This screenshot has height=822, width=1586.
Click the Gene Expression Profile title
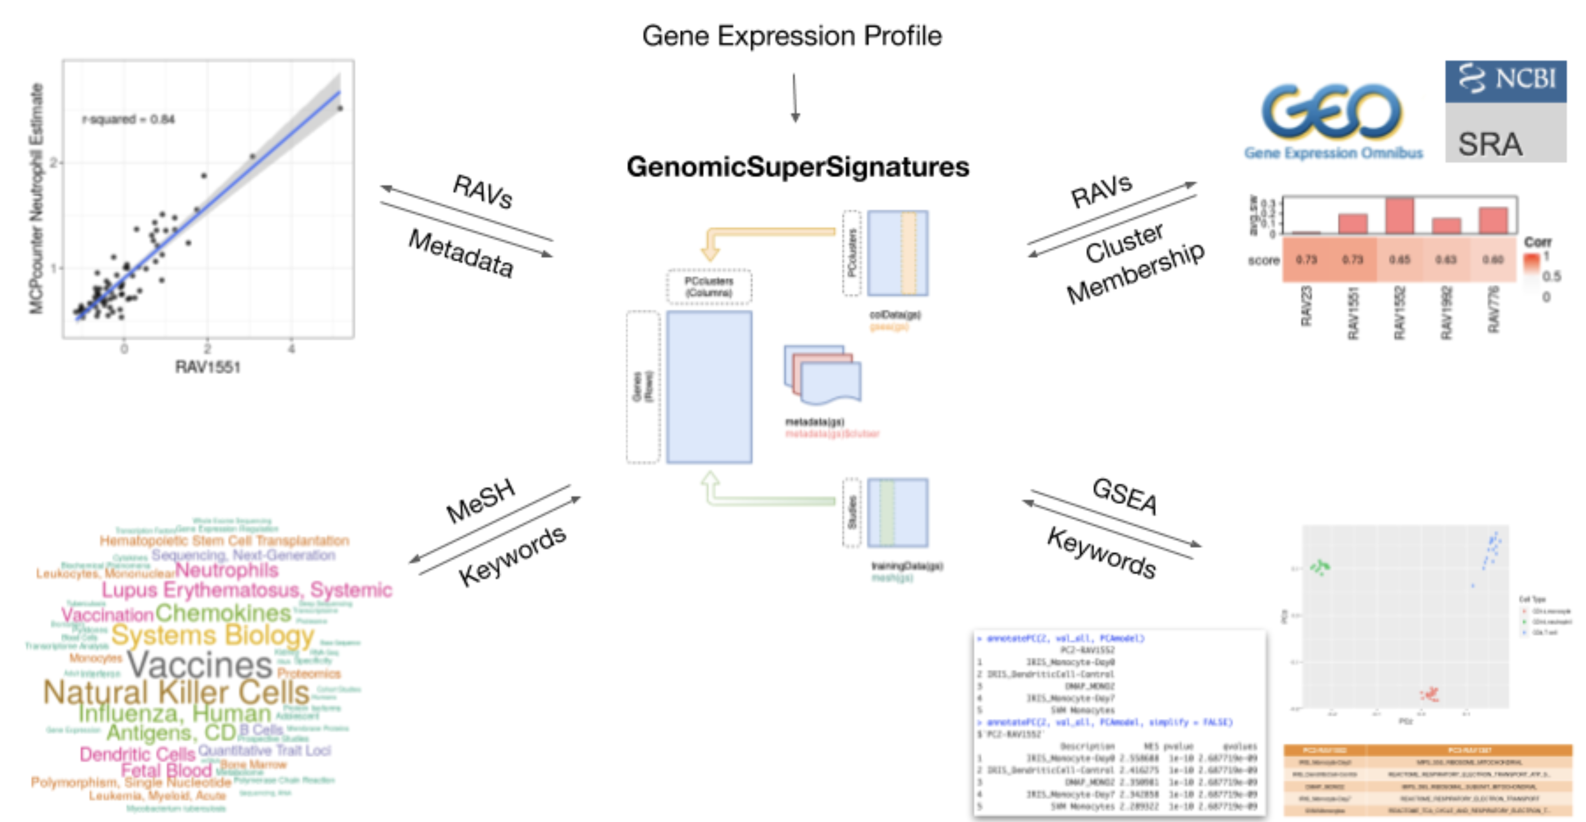pos(792,36)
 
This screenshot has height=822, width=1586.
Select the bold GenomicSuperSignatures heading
pos(798,167)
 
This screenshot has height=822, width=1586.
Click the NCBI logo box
pos(1505,80)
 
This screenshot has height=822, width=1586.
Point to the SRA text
pos(1490,145)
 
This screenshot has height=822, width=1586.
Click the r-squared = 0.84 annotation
pos(129,119)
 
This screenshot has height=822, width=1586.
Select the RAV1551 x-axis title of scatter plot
pos(208,367)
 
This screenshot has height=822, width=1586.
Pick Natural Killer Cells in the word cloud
pos(176,693)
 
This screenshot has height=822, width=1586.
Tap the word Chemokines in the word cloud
pos(223,613)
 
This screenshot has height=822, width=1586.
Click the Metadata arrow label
pos(460,253)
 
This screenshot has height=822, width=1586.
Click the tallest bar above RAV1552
pos(1399,215)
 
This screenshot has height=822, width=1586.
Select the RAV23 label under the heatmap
pos(1306,307)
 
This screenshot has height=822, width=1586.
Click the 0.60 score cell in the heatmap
pos(1493,259)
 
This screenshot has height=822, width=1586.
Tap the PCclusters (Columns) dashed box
pos(709,287)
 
